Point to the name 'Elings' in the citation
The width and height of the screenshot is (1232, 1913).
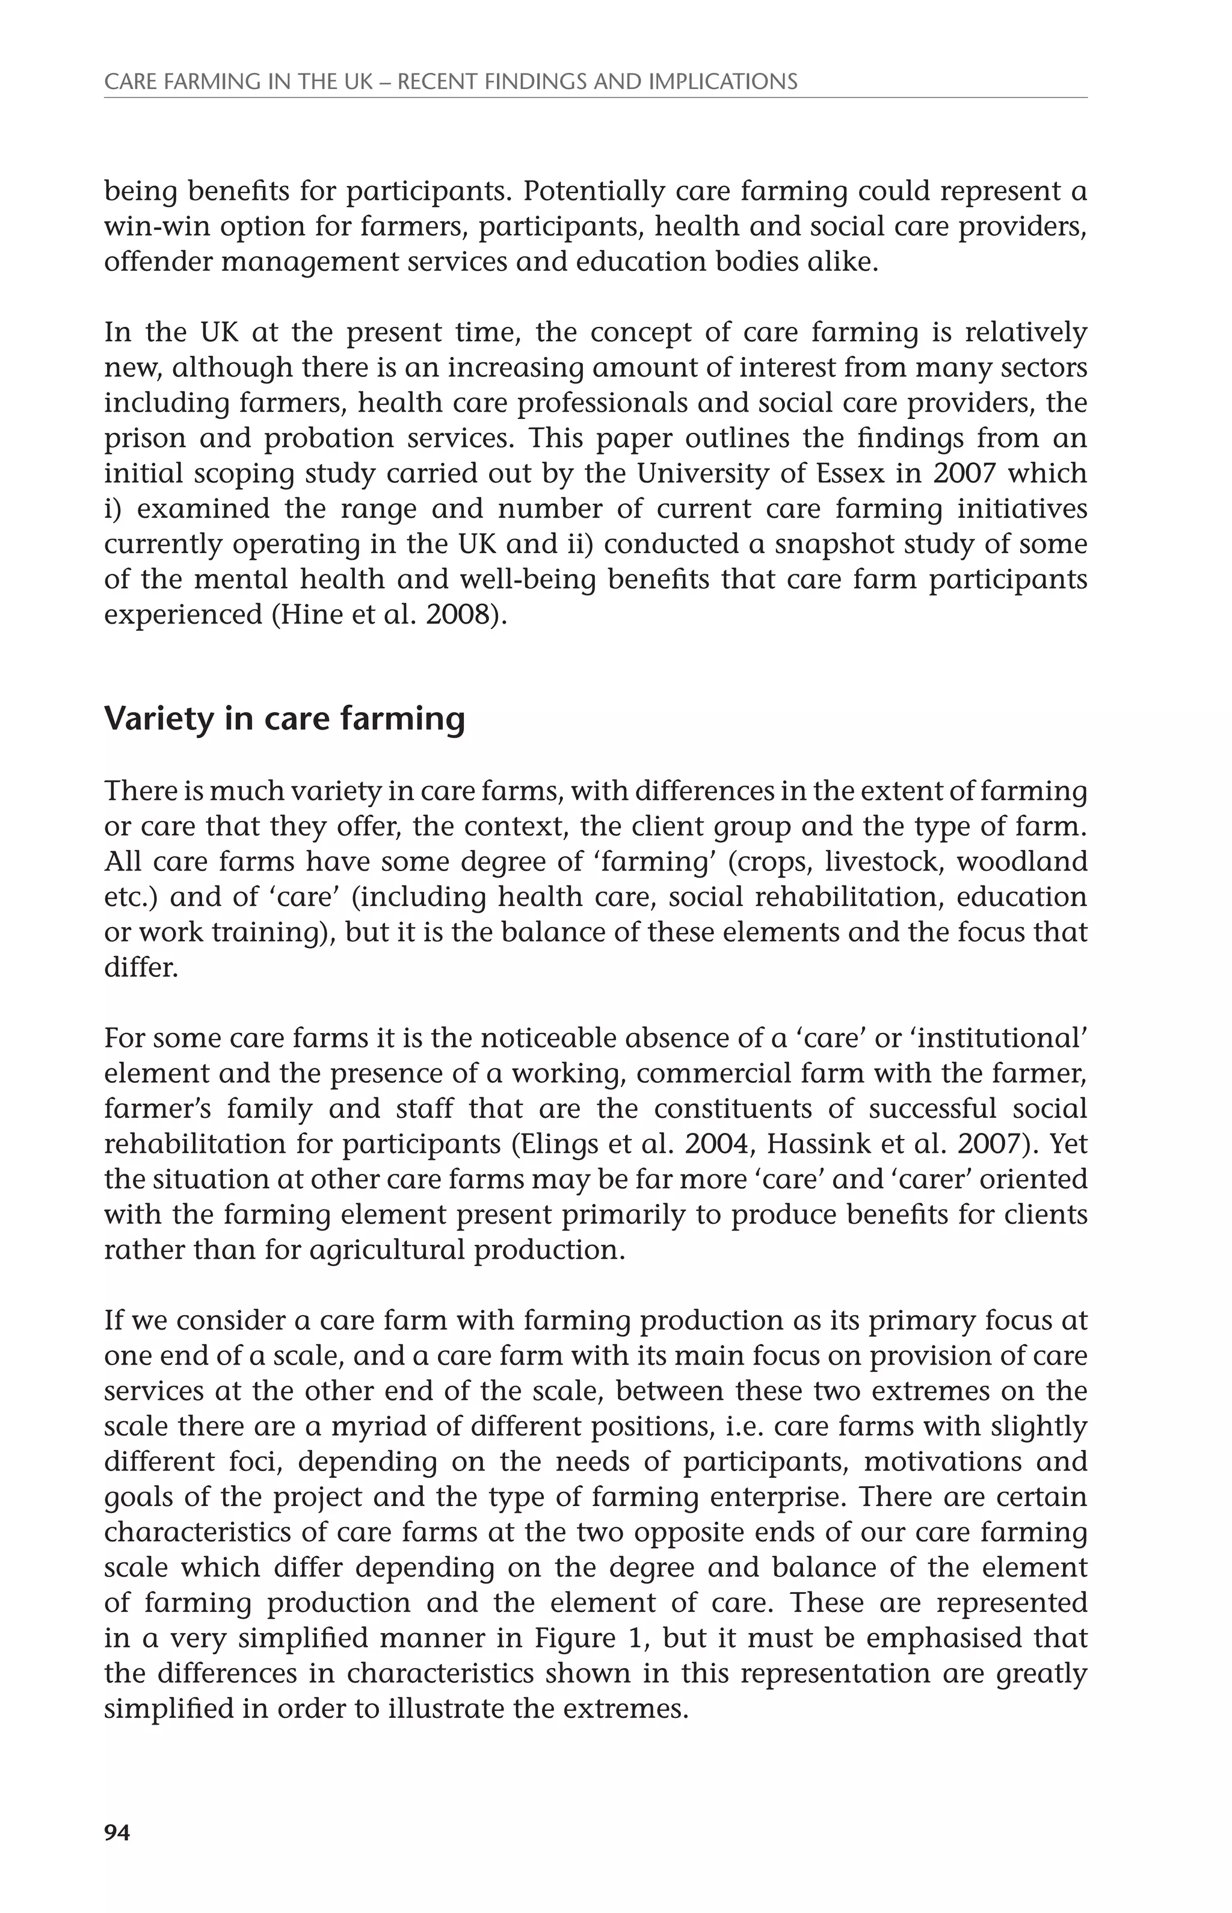(x=558, y=1144)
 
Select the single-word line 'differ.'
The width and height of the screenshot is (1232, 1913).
(x=141, y=968)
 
